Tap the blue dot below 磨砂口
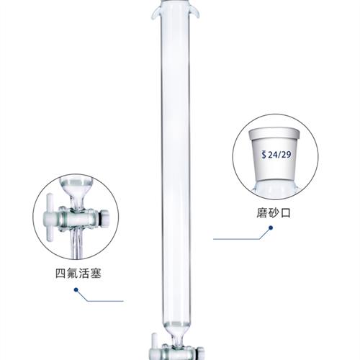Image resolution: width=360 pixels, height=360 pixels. click(x=269, y=230)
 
